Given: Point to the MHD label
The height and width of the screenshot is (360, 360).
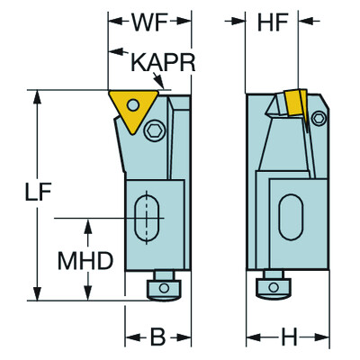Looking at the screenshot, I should (x=85, y=262).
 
